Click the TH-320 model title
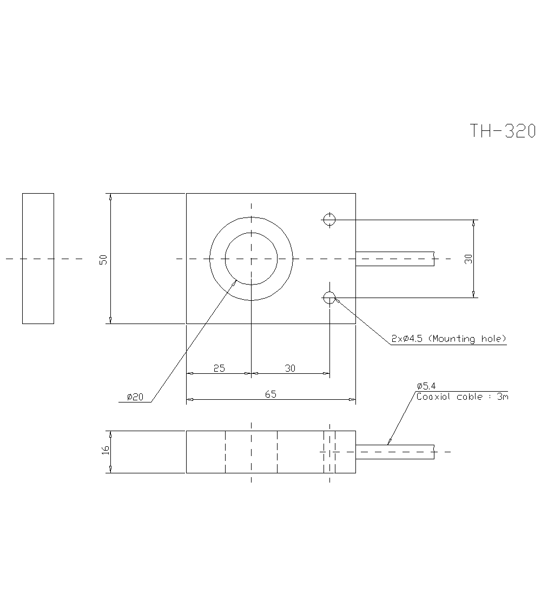(x=502, y=131)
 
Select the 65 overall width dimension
(x=270, y=394)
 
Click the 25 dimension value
(x=219, y=368)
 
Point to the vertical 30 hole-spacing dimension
(x=469, y=259)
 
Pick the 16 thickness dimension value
(x=105, y=450)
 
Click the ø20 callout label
(x=135, y=397)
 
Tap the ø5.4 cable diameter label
(x=426, y=386)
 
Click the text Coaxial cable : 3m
(x=462, y=397)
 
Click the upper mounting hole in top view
(x=329, y=219)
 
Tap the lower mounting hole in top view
(x=329, y=296)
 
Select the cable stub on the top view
(x=395, y=259)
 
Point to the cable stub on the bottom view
(x=395, y=452)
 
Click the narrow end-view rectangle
(x=38, y=259)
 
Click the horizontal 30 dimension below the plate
(x=291, y=368)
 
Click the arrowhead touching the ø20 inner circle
(x=235, y=281)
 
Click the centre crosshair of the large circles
(x=252, y=259)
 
